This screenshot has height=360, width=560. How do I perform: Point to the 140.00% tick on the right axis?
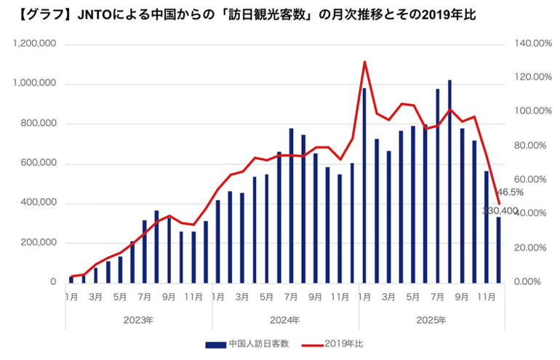pyautogui.click(x=532, y=44)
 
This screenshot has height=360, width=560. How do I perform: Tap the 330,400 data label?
pyautogui.click(x=500, y=211)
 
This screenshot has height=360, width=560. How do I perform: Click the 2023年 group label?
pyautogui.click(x=139, y=320)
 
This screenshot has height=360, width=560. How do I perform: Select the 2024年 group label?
pyautogui.click(x=285, y=320)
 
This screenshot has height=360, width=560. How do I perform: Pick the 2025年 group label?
pyautogui.click(x=432, y=320)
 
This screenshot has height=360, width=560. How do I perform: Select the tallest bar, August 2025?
pyautogui.click(x=449, y=181)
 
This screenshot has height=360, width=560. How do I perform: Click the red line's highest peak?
pyautogui.click(x=364, y=62)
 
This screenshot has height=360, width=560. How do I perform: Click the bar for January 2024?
pyautogui.click(x=217, y=241)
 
